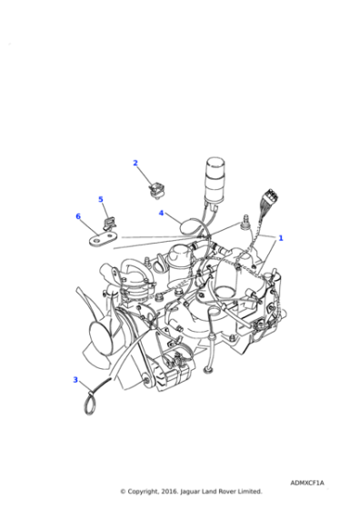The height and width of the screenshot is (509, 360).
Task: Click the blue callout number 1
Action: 280,238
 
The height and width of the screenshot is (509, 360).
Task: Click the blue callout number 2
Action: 135,164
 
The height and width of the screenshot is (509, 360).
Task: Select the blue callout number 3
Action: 75,380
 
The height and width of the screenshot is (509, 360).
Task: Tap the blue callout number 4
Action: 161,214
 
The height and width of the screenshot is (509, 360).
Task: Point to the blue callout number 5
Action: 101,200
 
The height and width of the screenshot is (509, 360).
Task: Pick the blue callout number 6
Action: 78,216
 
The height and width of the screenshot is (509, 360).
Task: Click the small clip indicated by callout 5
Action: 111,220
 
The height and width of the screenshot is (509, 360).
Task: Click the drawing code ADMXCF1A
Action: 307,484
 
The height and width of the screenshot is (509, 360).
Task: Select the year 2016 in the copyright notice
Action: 173,492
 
